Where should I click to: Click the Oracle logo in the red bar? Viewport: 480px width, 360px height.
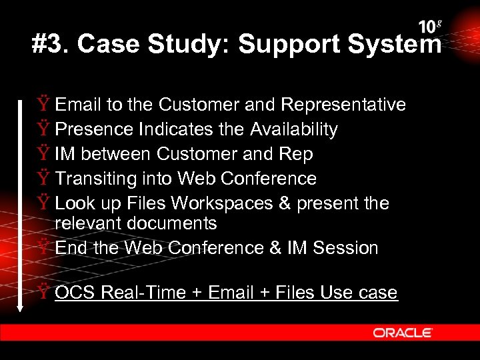point(403,333)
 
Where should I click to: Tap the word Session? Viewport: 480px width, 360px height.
point(345,248)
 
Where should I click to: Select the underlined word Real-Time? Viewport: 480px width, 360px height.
point(149,293)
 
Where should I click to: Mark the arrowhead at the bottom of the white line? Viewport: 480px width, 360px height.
point(21,307)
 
